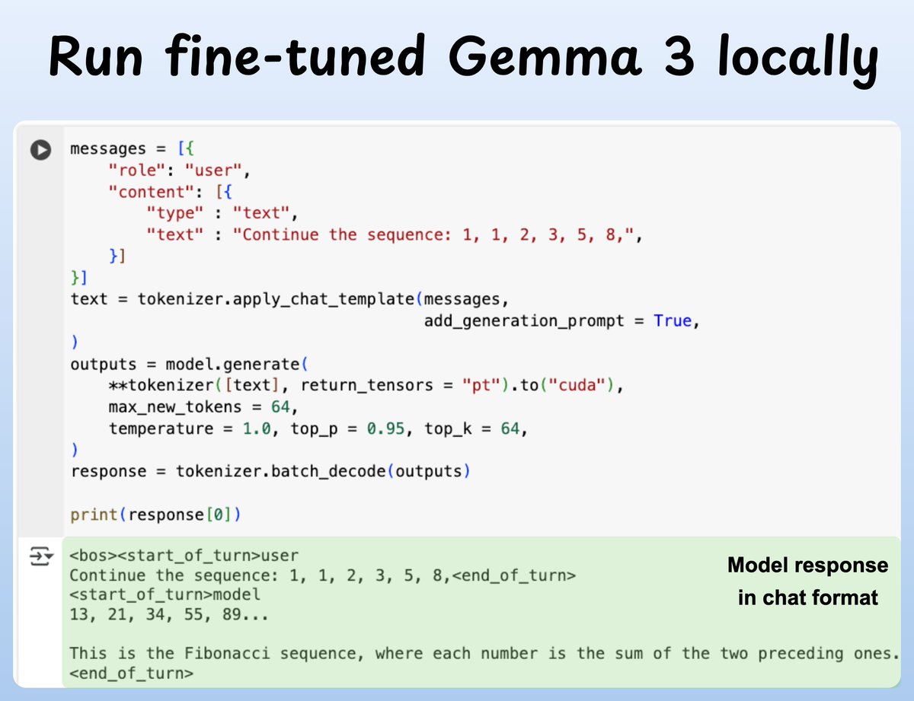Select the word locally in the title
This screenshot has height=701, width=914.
(804, 58)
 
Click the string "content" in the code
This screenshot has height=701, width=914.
(152, 192)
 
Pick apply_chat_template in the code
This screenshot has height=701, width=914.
(299, 299)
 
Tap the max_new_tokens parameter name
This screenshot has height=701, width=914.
(174, 406)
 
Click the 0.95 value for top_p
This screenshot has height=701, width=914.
(385, 429)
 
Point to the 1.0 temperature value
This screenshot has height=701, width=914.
(257, 429)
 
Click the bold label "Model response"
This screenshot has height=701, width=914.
(807, 566)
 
